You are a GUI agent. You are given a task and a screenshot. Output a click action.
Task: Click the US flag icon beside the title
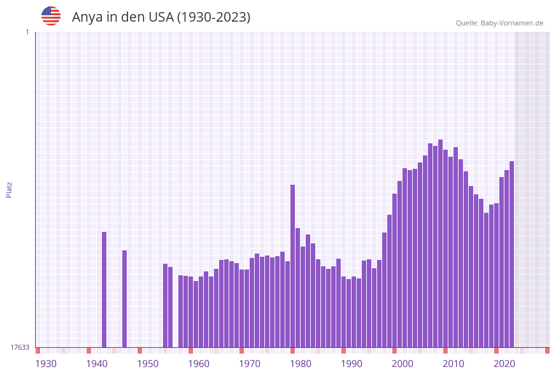coord(51,16)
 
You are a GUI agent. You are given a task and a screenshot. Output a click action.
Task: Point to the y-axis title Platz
coord(10,189)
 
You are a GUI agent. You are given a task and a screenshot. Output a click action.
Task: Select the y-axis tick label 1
coord(27,32)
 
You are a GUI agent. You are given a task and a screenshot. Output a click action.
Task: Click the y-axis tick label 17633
coord(20,347)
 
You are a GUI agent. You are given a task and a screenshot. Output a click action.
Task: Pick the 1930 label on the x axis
coord(46,364)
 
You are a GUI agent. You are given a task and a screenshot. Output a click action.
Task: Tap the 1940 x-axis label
coord(97,364)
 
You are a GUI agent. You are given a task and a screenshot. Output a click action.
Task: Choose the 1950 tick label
coord(148,364)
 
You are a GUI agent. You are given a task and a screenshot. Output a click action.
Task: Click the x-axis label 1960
coord(199,364)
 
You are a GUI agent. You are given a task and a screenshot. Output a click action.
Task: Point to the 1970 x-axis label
coord(250,364)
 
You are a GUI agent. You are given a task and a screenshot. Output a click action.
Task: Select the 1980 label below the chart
coord(301,364)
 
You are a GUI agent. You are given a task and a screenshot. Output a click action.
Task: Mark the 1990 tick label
coord(352,364)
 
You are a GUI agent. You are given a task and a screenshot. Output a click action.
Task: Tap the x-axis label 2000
coord(403,364)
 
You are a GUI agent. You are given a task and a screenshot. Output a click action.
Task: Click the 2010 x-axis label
coord(453,364)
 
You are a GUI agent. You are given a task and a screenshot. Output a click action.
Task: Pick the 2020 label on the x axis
coord(504,364)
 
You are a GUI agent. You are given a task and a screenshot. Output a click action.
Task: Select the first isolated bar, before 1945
coord(104,289)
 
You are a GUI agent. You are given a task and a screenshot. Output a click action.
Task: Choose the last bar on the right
coord(511,254)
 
